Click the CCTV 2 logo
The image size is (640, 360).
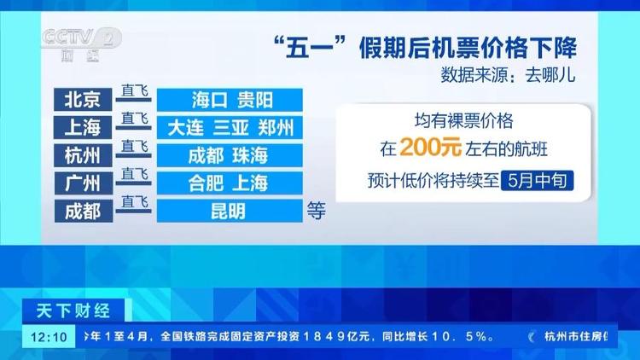click(81, 44)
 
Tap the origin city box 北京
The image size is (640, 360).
click(83, 99)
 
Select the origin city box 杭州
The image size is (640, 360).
click(83, 155)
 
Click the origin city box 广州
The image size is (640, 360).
click(83, 183)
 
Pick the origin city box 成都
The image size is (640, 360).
click(84, 211)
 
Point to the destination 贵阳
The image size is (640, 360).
click(254, 100)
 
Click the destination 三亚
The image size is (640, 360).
click(230, 128)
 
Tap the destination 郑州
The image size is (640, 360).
click(276, 128)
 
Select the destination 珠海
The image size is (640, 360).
click(250, 155)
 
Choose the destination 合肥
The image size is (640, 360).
click(206, 183)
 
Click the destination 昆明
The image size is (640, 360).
click(228, 211)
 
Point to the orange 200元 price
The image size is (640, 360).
click(431, 147)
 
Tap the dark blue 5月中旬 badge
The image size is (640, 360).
click(537, 180)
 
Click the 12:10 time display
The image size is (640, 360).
click(49, 337)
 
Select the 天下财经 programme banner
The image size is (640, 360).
click(73, 311)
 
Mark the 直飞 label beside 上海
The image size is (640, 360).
click(134, 119)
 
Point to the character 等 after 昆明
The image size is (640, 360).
click(317, 211)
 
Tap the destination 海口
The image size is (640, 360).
click(209, 100)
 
